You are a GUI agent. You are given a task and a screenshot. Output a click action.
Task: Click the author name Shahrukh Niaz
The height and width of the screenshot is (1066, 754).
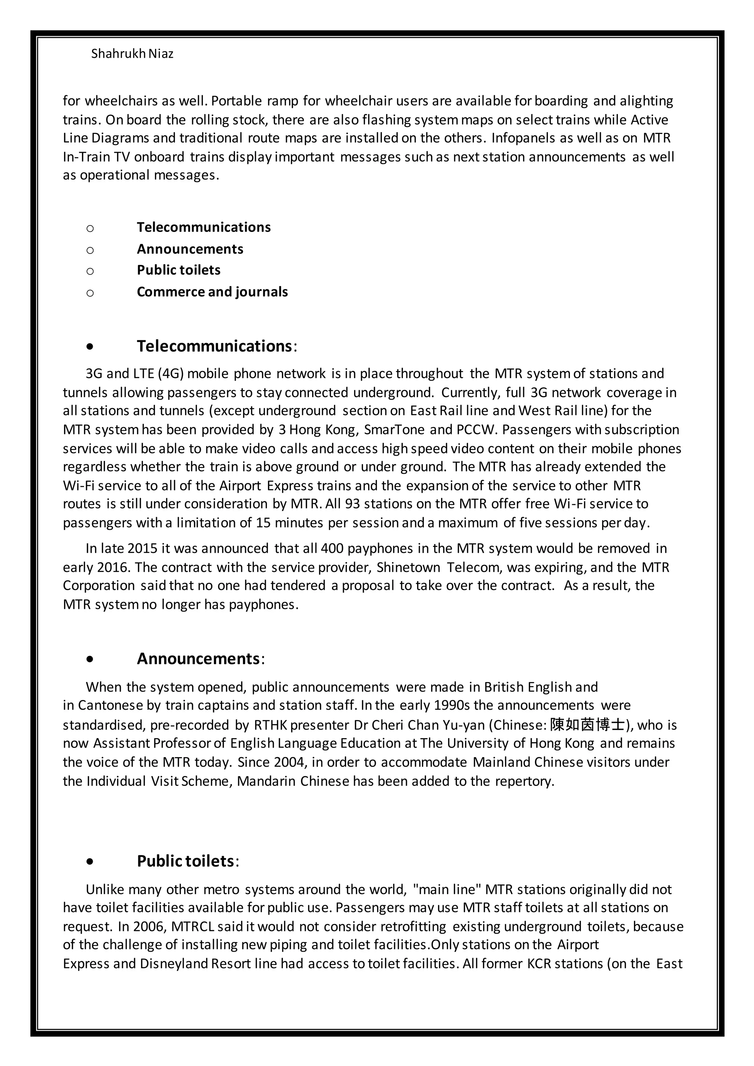pos(132,54)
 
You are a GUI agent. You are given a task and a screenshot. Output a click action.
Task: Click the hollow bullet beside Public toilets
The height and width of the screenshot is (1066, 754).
pos(90,271)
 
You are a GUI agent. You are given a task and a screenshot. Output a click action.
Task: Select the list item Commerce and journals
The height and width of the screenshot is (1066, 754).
pos(212,292)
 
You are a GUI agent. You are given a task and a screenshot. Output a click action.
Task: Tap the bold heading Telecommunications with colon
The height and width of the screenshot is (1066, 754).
pos(217,346)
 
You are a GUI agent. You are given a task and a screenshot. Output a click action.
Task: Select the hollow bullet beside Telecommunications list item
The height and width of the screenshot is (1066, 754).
pos(90,228)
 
